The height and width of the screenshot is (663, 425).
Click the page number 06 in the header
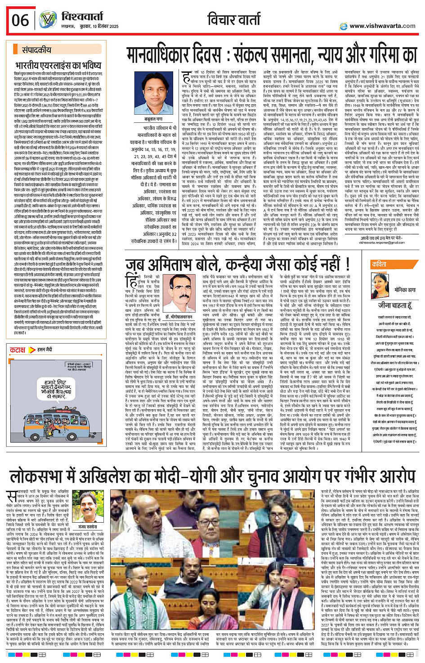point(20,20)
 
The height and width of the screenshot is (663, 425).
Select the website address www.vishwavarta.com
point(382,26)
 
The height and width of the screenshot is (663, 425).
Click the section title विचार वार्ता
point(234,20)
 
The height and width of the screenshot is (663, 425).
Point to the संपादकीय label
point(36,50)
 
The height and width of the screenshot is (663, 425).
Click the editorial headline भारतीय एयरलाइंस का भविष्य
point(58,65)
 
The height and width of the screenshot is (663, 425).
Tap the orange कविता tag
point(380,264)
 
